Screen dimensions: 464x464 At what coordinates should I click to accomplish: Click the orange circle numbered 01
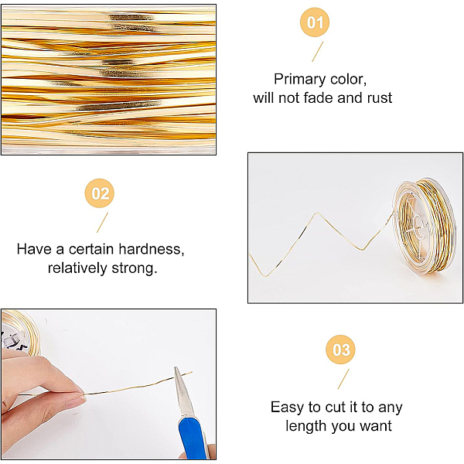[x=315, y=22]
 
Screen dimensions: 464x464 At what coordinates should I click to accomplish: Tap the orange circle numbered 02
[x=100, y=193]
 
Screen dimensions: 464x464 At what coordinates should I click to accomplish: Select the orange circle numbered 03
[x=340, y=350]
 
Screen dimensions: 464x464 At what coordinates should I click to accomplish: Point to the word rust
[x=380, y=98]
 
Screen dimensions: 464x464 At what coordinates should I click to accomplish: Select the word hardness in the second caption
[x=152, y=249]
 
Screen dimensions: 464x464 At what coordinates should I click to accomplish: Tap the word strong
[x=134, y=268]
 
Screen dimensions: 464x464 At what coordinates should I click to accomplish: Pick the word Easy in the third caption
[x=288, y=408]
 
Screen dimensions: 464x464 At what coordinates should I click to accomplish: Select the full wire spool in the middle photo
[x=424, y=226]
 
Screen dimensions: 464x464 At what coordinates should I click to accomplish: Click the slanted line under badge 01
[x=318, y=52]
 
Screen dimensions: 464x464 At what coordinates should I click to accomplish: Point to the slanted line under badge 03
[x=343, y=379]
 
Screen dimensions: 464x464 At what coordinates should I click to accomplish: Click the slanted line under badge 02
[x=102, y=223]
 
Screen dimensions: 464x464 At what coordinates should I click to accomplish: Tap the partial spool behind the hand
[x=21, y=332]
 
